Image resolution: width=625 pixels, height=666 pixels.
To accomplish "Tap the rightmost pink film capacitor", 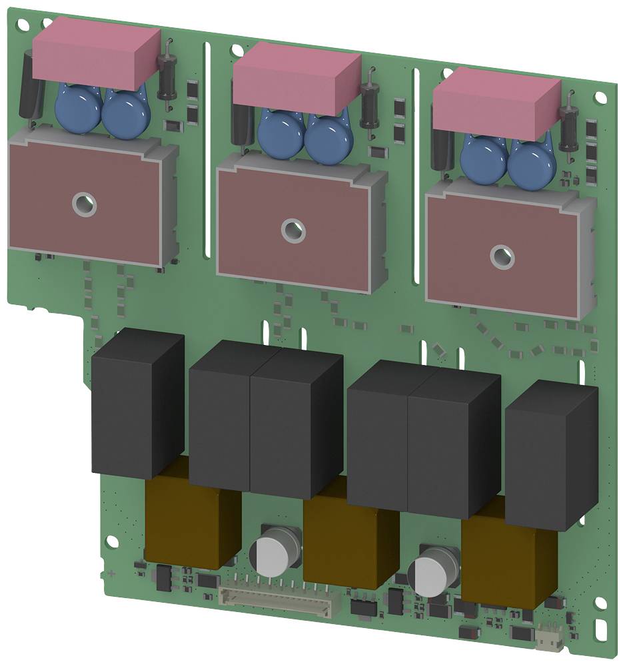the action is tap(496, 107).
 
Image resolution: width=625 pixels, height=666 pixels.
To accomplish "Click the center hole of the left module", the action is tap(85, 204).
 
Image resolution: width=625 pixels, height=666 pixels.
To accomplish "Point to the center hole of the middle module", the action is tap(292, 230).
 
